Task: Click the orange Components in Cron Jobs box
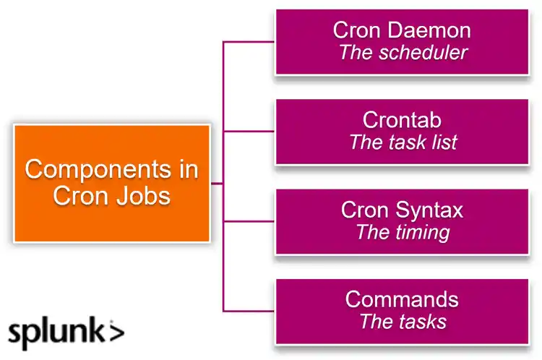pos(112,183)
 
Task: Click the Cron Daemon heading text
pos(402,30)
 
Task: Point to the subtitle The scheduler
pos(403,53)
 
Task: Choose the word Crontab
pos(402,119)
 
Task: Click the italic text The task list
pos(403,142)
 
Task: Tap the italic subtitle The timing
pos(403,232)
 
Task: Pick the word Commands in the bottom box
pos(402,299)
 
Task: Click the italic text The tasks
pos(403,321)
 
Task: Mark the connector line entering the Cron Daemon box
pos(249,42)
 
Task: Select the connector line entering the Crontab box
pos(249,132)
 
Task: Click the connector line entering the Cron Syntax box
pos(249,221)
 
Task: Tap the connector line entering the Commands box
pos(249,310)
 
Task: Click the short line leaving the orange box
pos(217,184)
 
